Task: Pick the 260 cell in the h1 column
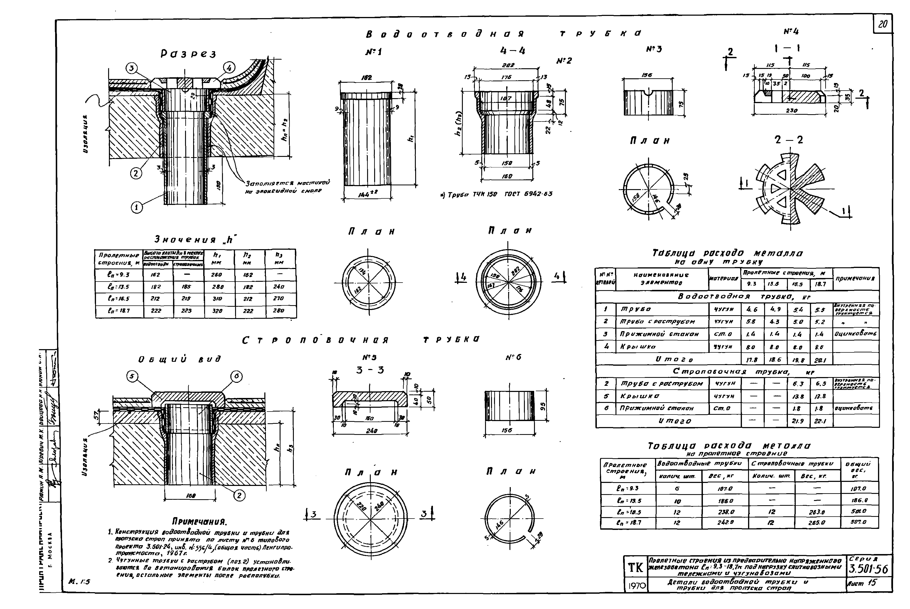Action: tap(216, 275)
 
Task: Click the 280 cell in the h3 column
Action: tap(279, 311)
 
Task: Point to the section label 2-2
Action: tap(789, 140)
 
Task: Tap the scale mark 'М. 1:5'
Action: tap(79, 581)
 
